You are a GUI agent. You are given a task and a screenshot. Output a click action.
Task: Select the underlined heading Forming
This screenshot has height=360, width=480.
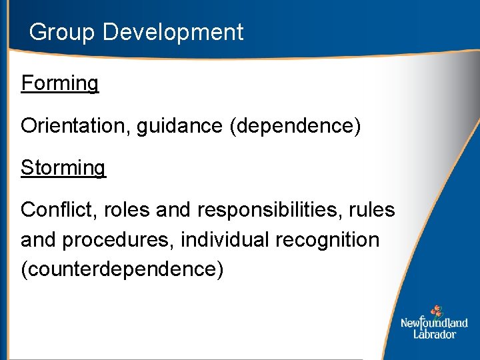coord(59,84)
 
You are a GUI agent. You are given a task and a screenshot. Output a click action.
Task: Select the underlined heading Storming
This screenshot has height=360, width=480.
coord(63,168)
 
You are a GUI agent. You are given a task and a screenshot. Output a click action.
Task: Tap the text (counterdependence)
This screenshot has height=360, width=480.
coord(122,269)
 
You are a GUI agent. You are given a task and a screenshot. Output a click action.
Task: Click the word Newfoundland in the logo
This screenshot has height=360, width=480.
coord(434,323)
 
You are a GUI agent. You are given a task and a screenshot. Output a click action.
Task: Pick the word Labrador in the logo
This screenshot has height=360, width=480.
coord(434,334)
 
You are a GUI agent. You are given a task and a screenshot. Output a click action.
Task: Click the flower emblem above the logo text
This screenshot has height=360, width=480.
coord(436,311)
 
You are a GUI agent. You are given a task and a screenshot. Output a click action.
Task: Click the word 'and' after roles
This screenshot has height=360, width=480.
coord(174,210)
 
